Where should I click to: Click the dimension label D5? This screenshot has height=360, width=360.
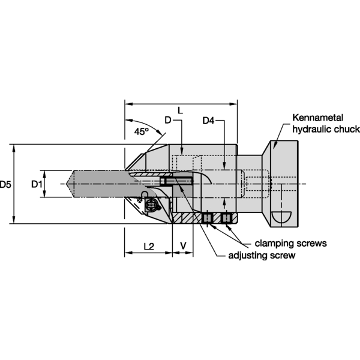[6, 184]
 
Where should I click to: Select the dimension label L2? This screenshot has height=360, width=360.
[149, 246]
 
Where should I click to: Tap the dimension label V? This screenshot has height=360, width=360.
[183, 246]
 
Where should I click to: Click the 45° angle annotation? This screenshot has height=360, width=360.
[142, 131]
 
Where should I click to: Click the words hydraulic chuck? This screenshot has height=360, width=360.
[326, 129]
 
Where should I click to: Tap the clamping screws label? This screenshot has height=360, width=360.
[290, 244]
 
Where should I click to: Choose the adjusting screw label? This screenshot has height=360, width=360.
[262, 256]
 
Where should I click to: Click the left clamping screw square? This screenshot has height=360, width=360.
[207, 218]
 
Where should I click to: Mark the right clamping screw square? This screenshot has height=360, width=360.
[226, 218]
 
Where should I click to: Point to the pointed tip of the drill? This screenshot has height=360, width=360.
[70, 184]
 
